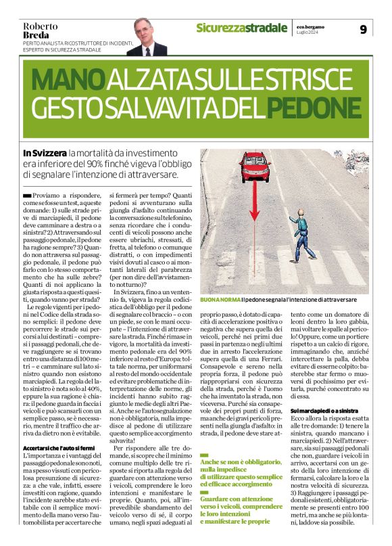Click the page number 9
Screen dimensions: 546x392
click(363, 29)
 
